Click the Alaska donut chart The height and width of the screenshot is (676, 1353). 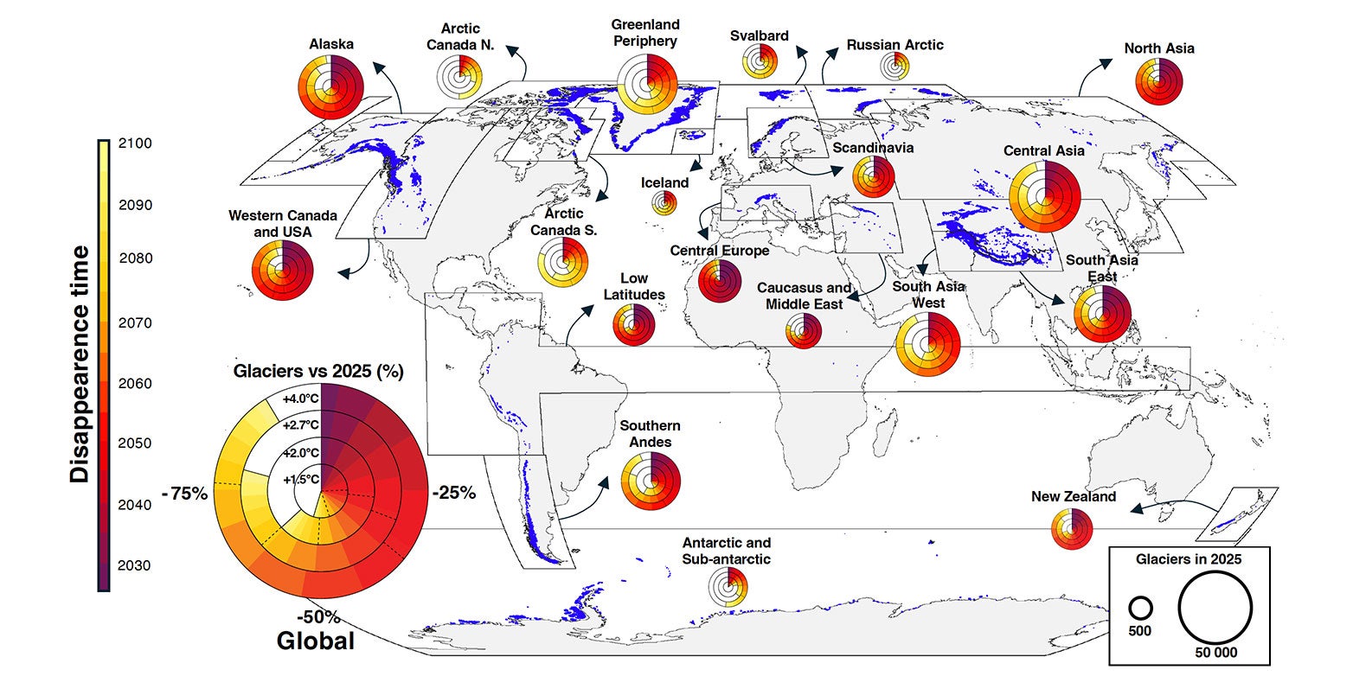(x=330, y=86)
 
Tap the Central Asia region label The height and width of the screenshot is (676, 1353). (x=1043, y=150)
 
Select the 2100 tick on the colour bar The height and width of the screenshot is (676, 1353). (x=138, y=143)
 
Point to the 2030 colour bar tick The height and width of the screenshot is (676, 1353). (x=138, y=565)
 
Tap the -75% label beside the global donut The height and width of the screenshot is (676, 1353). (x=184, y=494)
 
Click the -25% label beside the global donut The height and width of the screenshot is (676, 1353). (x=452, y=493)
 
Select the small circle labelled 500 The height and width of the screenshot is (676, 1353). (x=1139, y=607)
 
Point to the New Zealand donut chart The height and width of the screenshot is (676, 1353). (x=1071, y=529)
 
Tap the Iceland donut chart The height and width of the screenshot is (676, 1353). (x=664, y=204)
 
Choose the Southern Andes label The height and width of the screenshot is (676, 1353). (x=650, y=434)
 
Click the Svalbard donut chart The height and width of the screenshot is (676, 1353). (x=760, y=62)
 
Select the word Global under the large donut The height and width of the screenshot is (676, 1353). (x=315, y=641)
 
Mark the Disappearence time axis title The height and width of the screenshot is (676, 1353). (x=80, y=363)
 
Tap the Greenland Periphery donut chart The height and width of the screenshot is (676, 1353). (x=649, y=85)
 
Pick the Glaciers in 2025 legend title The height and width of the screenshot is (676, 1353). (x=1189, y=559)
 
